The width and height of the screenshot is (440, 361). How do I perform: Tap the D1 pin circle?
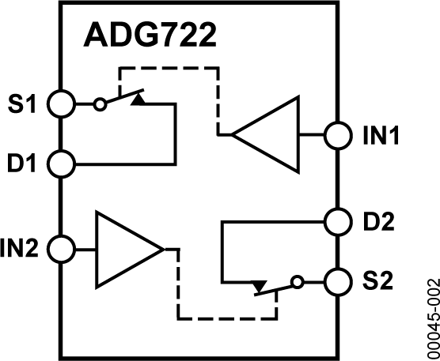(61, 164)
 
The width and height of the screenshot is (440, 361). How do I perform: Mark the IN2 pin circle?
(61, 249)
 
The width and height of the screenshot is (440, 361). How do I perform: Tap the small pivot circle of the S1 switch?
(99, 103)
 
